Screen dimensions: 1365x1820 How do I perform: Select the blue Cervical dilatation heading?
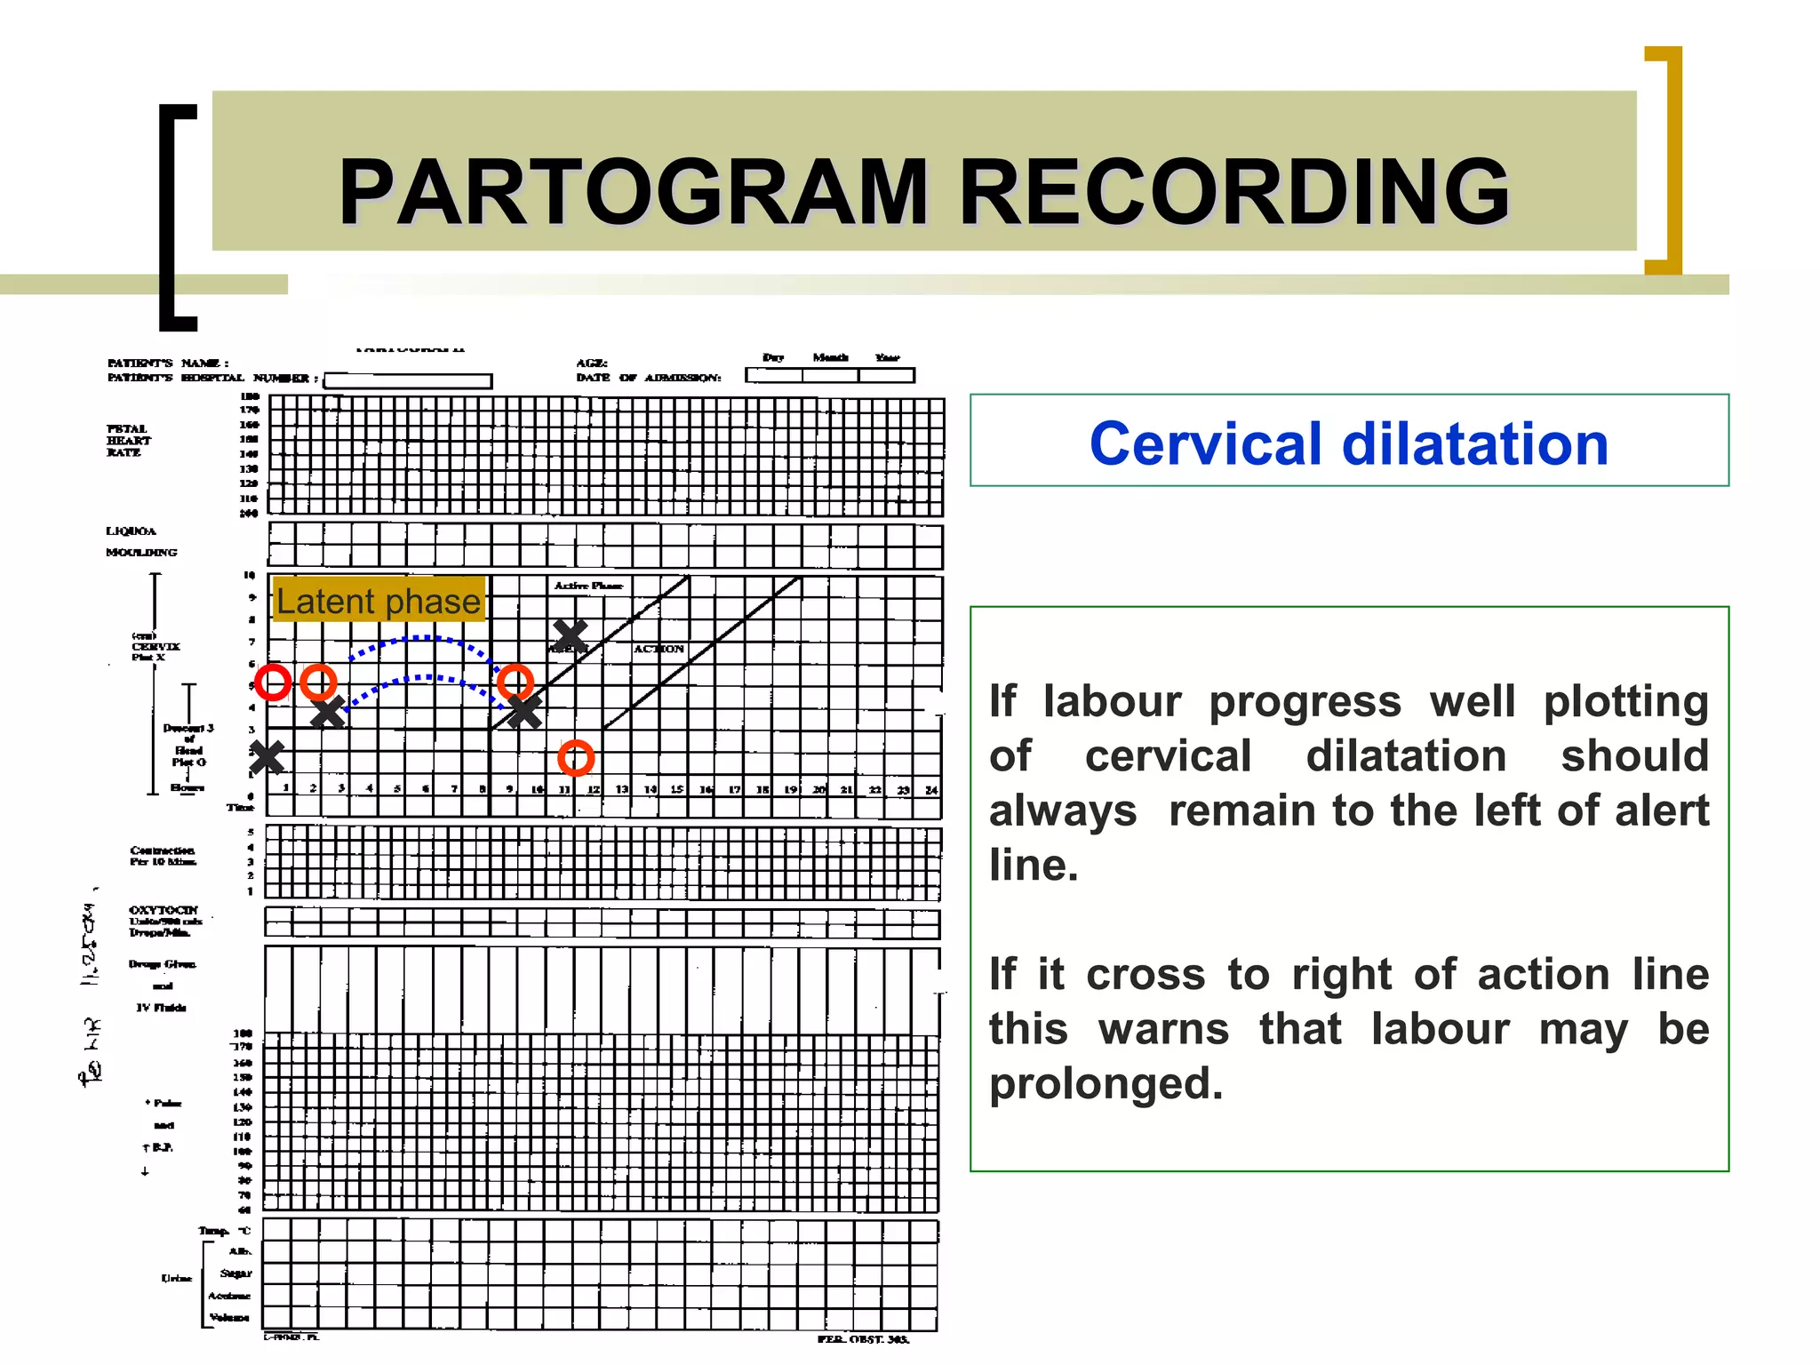(1348, 443)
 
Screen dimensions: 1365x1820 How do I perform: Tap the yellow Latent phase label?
(379, 601)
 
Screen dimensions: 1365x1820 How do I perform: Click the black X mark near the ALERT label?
(570, 635)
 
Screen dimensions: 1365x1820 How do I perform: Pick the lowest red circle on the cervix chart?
(576, 757)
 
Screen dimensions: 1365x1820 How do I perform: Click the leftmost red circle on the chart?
(273, 682)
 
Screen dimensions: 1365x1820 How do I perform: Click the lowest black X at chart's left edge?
(266, 757)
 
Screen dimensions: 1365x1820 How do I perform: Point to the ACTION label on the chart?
(659, 649)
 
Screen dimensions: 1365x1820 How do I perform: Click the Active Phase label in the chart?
(588, 586)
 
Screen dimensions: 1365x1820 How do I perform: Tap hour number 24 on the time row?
(930, 789)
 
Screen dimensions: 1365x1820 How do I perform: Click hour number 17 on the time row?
(734, 789)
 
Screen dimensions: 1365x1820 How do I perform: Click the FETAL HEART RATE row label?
(129, 441)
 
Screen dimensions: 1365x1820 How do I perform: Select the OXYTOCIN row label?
(164, 910)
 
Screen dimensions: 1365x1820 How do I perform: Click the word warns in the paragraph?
(1164, 1029)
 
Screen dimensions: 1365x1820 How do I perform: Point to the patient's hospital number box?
(408, 380)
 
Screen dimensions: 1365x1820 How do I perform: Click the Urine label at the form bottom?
(176, 1278)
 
